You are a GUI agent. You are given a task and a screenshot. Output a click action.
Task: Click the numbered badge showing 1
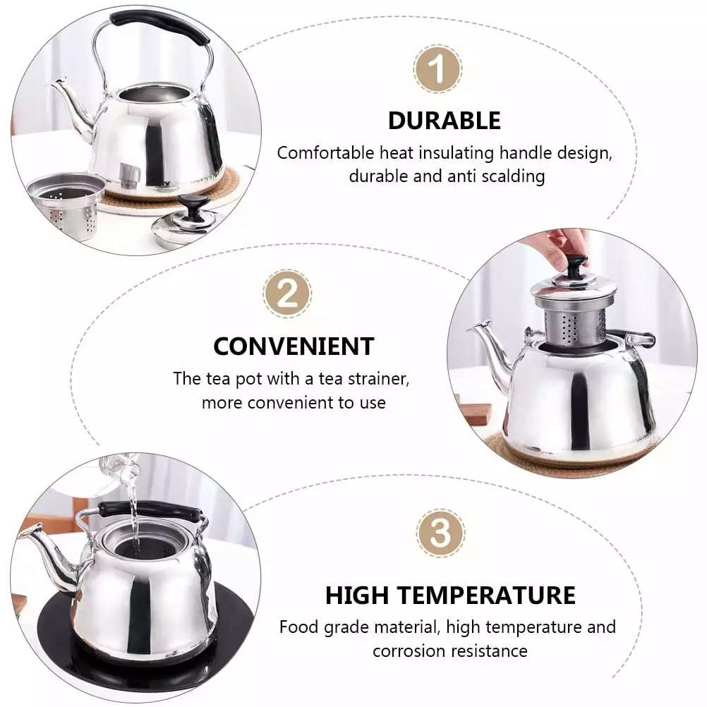[x=437, y=69]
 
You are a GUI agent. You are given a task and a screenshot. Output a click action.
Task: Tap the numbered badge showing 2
[x=287, y=294]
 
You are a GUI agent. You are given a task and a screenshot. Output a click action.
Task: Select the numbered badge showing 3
[x=440, y=533]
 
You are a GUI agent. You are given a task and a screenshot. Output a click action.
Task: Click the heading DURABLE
[x=444, y=121]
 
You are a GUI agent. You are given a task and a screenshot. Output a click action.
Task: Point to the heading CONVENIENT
[x=294, y=346]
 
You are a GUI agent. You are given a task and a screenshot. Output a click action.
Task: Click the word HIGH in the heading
[x=356, y=596]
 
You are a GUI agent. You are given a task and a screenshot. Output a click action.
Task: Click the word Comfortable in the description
[x=325, y=153]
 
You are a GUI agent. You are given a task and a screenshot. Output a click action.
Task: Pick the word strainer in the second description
[x=377, y=379]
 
